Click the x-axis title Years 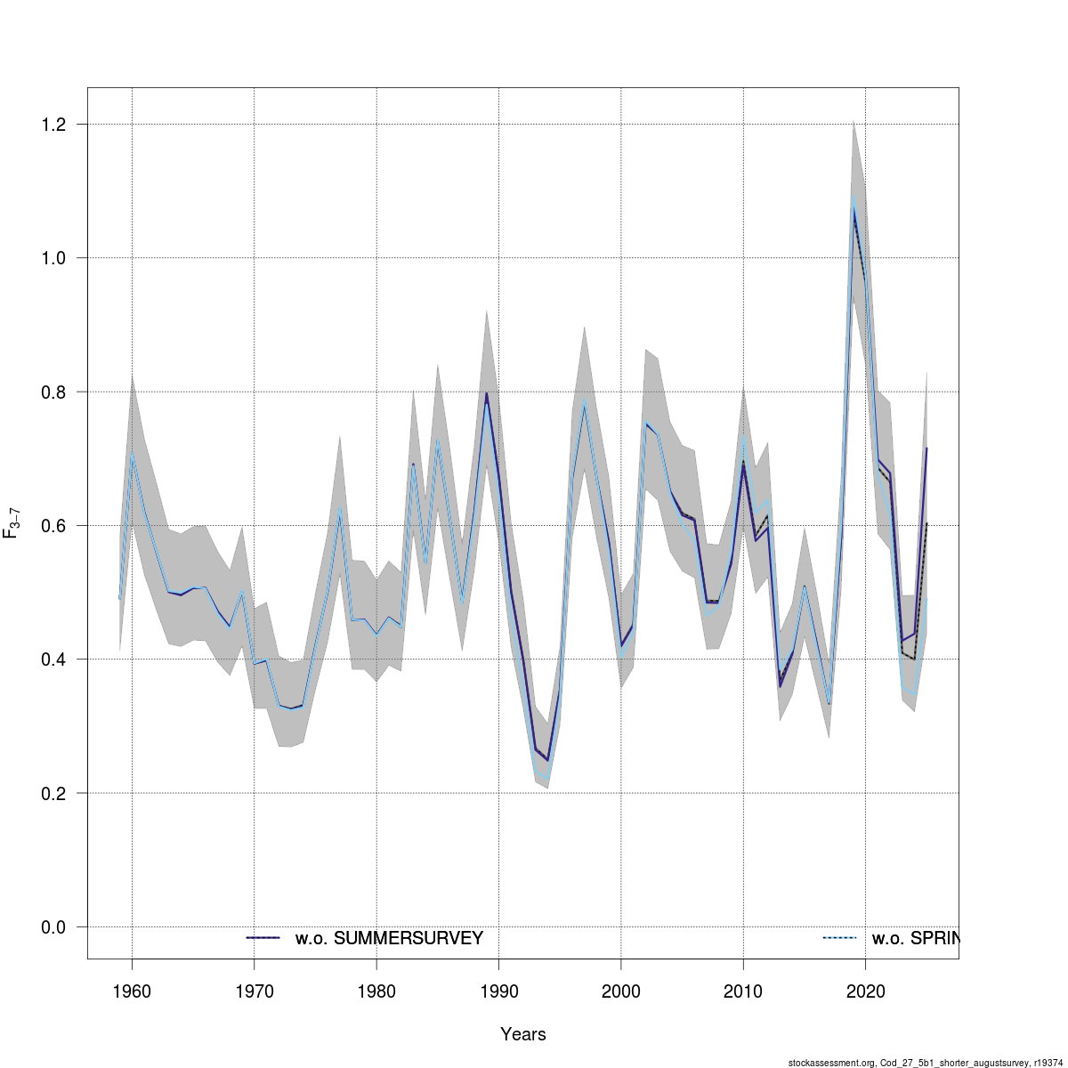coord(523,1034)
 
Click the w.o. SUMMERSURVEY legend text coord(389,938)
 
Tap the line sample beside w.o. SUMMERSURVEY coord(263,938)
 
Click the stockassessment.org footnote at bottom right coord(925,1062)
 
